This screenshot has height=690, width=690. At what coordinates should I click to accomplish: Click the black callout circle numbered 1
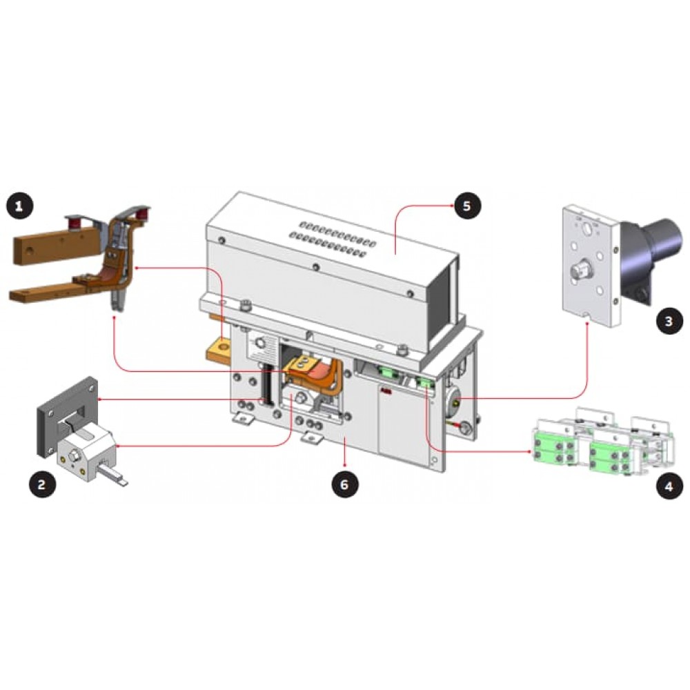pyautogui.click(x=19, y=206)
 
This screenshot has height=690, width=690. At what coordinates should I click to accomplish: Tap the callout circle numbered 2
pyautogui.click(x=42, y=484)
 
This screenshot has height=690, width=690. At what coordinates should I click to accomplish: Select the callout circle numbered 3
pyautogui.click(x=669, y=320)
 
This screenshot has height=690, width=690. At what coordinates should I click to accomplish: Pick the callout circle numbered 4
pyautogui.click(x=669, y=486)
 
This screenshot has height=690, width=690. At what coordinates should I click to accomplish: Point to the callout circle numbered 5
pyautogui.click(x=467, y=206)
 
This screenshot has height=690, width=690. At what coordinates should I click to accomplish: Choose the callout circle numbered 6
pyautogui.click(x=345, y=484)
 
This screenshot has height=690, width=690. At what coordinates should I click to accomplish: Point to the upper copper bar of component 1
pyautogui.click(x=57, y=243)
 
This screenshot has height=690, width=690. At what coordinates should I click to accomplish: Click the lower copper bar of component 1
pyautogui.click(x=48, y=291)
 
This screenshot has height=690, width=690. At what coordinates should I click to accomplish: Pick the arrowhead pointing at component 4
pyautogui.click(x=529, y=451)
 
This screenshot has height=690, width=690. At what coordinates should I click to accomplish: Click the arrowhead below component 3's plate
pyautogui.click(x=587, y=324)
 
